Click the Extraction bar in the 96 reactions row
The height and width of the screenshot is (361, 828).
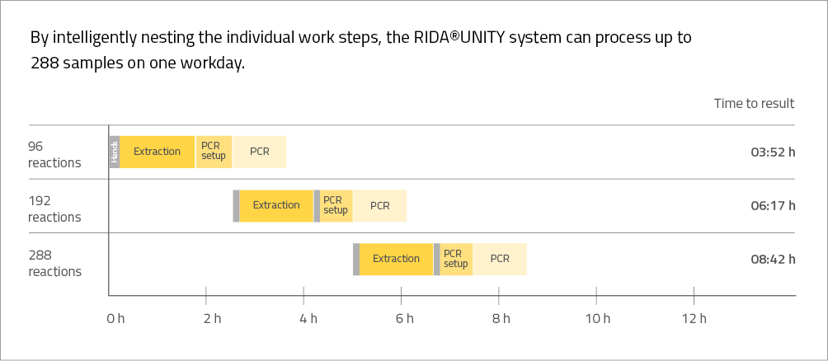tap(158, 152)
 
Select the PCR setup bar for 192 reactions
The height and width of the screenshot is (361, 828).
tap(336, 206)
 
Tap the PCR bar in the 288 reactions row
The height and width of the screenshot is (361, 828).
tap(500, 259)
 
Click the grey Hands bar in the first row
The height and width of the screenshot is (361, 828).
tap(115, 152)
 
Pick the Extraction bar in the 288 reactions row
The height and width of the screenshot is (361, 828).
tap(396, 259)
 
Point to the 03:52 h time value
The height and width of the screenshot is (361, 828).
tap(773, 152)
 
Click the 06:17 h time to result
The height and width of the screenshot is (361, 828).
tap(773, 206)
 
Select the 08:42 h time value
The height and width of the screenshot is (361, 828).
tap(773, 260)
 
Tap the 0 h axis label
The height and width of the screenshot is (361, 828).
tap(115, 319)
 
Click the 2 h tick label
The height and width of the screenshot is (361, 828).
tap(212, 319)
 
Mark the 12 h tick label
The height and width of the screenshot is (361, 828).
tap(697, 319)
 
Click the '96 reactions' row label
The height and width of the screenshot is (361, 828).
tap(54, 154)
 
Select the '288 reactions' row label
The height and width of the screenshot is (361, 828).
tap(54, 263)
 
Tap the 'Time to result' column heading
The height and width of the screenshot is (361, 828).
tap(754, 104)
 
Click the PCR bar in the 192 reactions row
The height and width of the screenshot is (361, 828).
tap(379, 206)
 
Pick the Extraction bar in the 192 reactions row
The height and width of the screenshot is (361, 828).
tap(276, 206)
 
